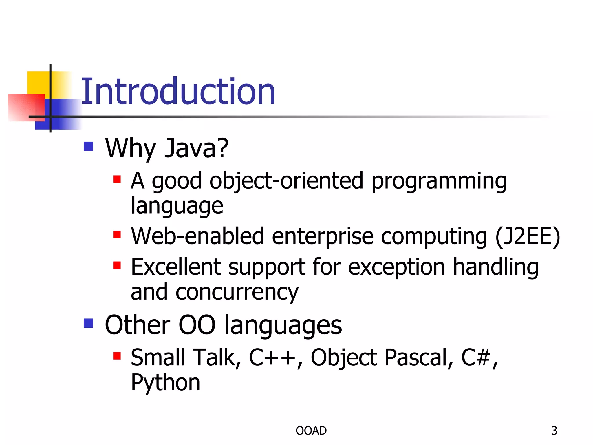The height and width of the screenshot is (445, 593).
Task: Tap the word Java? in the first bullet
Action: coord(196,148)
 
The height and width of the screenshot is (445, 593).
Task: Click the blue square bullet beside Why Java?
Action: coord(88,146)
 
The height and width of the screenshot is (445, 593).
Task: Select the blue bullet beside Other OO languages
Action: coord(88,323)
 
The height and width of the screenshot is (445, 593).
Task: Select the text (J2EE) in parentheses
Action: coord(528,237)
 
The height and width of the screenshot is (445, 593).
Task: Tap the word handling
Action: coord(495,267)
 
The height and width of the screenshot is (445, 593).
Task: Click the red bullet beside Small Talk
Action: coord(117,355)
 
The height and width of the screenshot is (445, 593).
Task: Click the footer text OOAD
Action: coord(311,431)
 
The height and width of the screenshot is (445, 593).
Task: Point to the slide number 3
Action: coord(554,431)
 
